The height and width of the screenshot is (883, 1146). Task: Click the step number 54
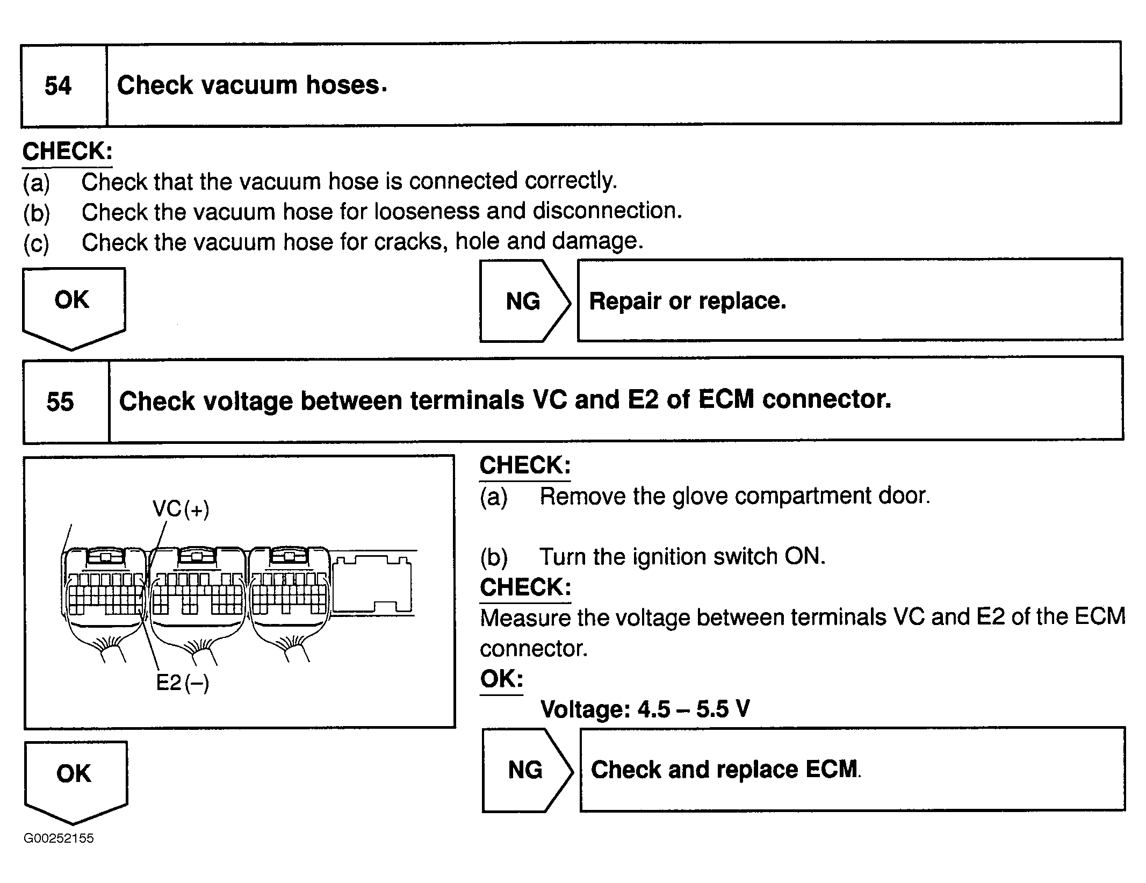[x=58, y=86]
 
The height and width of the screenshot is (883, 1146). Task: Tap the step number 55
[x=60, y=401]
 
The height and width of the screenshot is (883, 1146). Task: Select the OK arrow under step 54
[x=73, y=306]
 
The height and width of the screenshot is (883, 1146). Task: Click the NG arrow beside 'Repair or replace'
[x=523, y=301]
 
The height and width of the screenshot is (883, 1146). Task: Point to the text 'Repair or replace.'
[x=687, y=301]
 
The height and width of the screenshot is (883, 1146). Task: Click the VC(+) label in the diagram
[x=181, y=508]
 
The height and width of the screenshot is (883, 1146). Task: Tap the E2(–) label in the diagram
[x=182, y=683]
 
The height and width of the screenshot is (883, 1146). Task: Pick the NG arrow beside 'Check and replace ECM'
[x=525, y=770]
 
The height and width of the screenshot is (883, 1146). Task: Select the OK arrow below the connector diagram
[x=75, y=779]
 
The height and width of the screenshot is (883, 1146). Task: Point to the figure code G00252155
[x=59, y=838]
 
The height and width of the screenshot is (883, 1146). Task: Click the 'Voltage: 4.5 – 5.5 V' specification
[x=645, y=709]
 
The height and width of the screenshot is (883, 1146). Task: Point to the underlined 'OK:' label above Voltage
[x=501, y=679]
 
